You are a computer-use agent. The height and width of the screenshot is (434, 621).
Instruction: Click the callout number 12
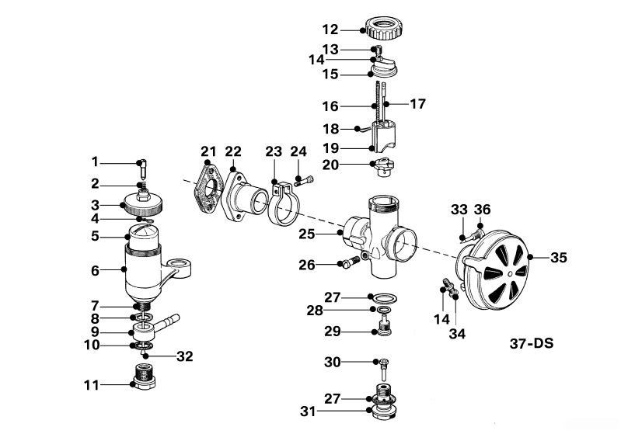click(x=330, y=30)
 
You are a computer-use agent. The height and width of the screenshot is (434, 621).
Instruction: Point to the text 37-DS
click(x=532, y=342)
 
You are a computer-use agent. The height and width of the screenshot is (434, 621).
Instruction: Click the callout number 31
click(x=309, y=411)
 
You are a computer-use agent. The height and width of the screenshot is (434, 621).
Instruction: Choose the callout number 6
click(x=96, y=271)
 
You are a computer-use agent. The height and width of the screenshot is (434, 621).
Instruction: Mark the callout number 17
click(x=417, y=103)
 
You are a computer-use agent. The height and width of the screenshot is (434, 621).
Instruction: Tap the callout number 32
click(x=184, y=357)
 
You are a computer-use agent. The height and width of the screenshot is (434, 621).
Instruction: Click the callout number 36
click(x=483, y=209)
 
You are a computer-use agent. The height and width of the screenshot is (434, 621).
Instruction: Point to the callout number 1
click(x=96, y=161)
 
